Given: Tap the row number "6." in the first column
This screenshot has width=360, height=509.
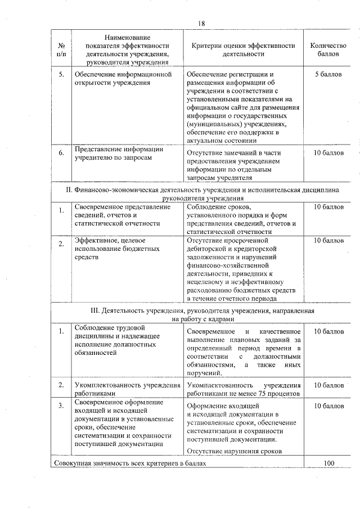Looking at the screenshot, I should pyautogui.click(x=61, y=152).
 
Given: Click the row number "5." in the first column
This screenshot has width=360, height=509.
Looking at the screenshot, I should pyautogui.click(x=61, y=74).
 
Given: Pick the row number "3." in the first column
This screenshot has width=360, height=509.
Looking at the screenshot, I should pyautogui.click(x=61, y=405).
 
